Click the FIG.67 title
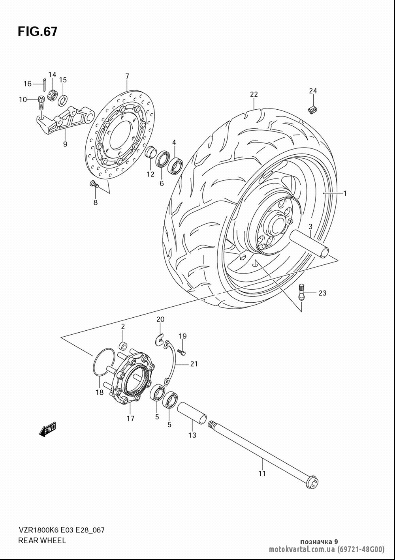click(38, 32)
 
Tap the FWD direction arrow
click(47, 430)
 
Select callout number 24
click(313, 91)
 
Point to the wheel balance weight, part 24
click(312, 109)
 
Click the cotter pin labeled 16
click(44, 84)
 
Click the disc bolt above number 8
click(94, 185)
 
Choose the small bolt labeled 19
click(182, 352)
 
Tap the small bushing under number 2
click(123, 346)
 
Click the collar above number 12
click(150, 152)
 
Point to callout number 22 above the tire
click(254, 94)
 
